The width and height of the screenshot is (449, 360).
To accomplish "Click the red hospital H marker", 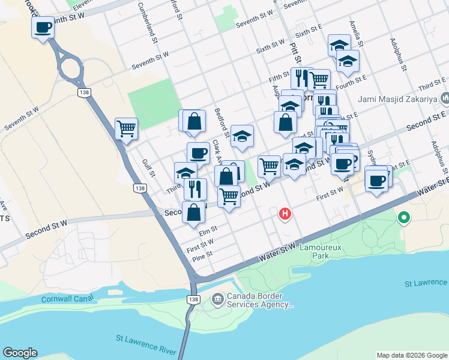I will click(x=285, y=213).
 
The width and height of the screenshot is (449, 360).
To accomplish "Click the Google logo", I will click(x=20, y=353).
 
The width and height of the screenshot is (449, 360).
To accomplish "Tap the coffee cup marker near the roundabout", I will click(x=43, y=28).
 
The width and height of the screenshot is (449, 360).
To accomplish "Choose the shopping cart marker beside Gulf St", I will click(x=126, y=128).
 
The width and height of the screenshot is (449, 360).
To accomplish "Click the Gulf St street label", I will click(x=148, y=167).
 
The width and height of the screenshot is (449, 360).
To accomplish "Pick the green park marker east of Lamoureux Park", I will click(x=405, y=217).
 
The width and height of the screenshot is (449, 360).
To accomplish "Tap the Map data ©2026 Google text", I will click(x=411, y=355).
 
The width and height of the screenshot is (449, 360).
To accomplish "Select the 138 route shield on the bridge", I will click(x=193, y=299).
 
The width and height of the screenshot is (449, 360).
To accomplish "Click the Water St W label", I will click(x=277, y=251).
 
